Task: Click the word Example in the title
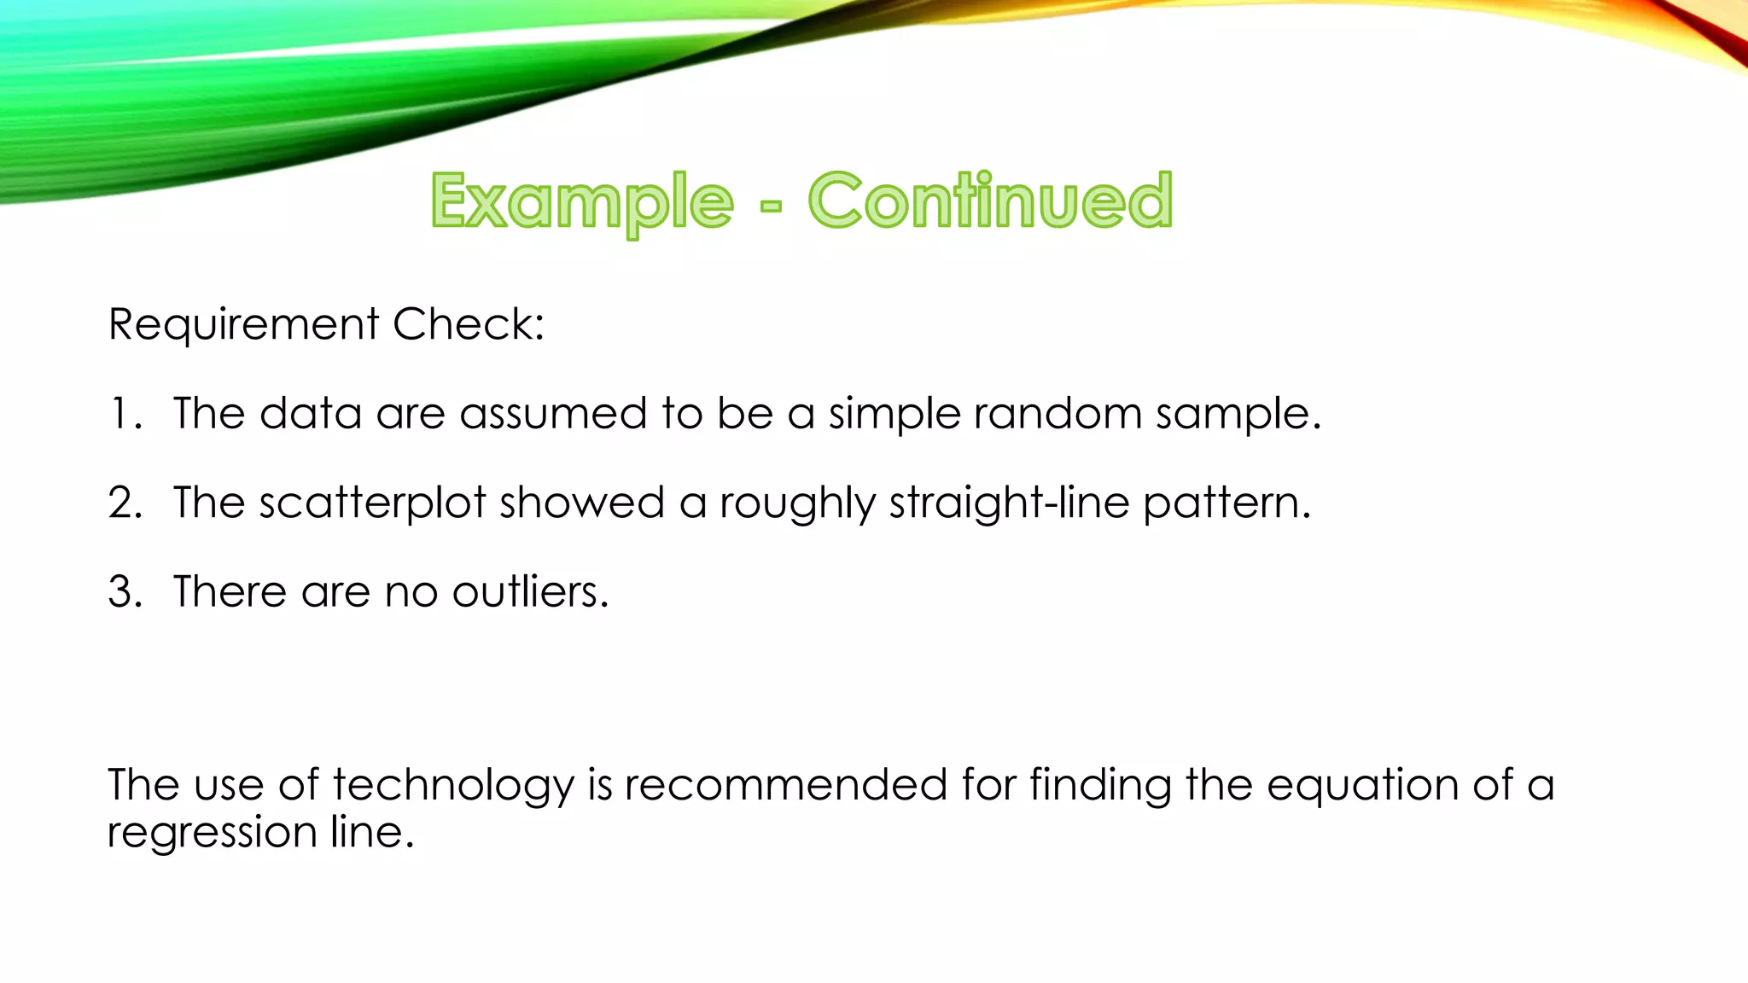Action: pos(582,202)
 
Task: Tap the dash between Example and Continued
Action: pos(770,206)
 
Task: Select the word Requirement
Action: pos(243,325)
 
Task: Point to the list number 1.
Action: pos(124,414)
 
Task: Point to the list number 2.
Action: pos(125,503)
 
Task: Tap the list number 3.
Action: pos(125,591)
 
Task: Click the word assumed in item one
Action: pos(553,414)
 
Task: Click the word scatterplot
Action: pos(372,503)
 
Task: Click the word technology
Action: pos(453,786)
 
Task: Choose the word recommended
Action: pos(785,784)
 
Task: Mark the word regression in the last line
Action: pos(212,833)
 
